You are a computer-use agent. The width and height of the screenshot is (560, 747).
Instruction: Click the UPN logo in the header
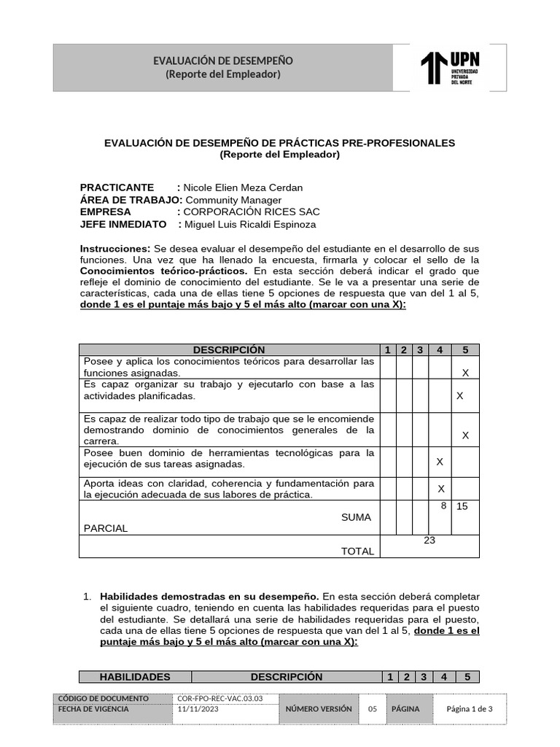tap(450, 68)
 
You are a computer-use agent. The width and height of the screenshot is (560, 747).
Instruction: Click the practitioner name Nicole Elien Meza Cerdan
tap(243, 187)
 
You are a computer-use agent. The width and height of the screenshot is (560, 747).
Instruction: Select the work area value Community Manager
tap(233, 200)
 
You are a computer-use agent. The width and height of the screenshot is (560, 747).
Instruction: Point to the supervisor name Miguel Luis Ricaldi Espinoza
tap(250, 224)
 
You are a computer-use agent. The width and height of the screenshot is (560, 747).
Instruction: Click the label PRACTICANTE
tap(117, 187)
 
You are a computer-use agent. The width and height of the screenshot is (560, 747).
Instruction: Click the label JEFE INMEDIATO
tap(123, 224)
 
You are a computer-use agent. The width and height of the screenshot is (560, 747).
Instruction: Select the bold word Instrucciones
tap(115, 249)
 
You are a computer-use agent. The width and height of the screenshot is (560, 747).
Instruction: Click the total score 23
tap(429, 541)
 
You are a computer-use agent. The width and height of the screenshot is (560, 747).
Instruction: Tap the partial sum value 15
tap(462, 506)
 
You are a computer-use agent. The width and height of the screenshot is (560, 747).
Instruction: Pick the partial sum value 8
tap(443, 505)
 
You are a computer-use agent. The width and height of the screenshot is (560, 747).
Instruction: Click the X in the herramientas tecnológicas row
tap(440, 462)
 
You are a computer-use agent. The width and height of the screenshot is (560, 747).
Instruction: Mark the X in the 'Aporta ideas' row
tap(441, 489)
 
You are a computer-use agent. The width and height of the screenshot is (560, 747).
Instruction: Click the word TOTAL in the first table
tap(357, 551)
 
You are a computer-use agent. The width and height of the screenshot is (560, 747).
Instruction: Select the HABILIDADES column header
tap(135, 677)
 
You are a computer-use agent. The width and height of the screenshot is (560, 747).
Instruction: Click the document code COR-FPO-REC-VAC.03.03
tap(219, 698)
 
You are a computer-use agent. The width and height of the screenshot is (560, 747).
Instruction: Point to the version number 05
tap(372, 709)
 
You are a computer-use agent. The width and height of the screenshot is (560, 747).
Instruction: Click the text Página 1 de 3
tap(470, 709)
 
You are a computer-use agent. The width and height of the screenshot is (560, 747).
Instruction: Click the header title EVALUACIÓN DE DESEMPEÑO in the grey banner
tap(222, 61)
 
